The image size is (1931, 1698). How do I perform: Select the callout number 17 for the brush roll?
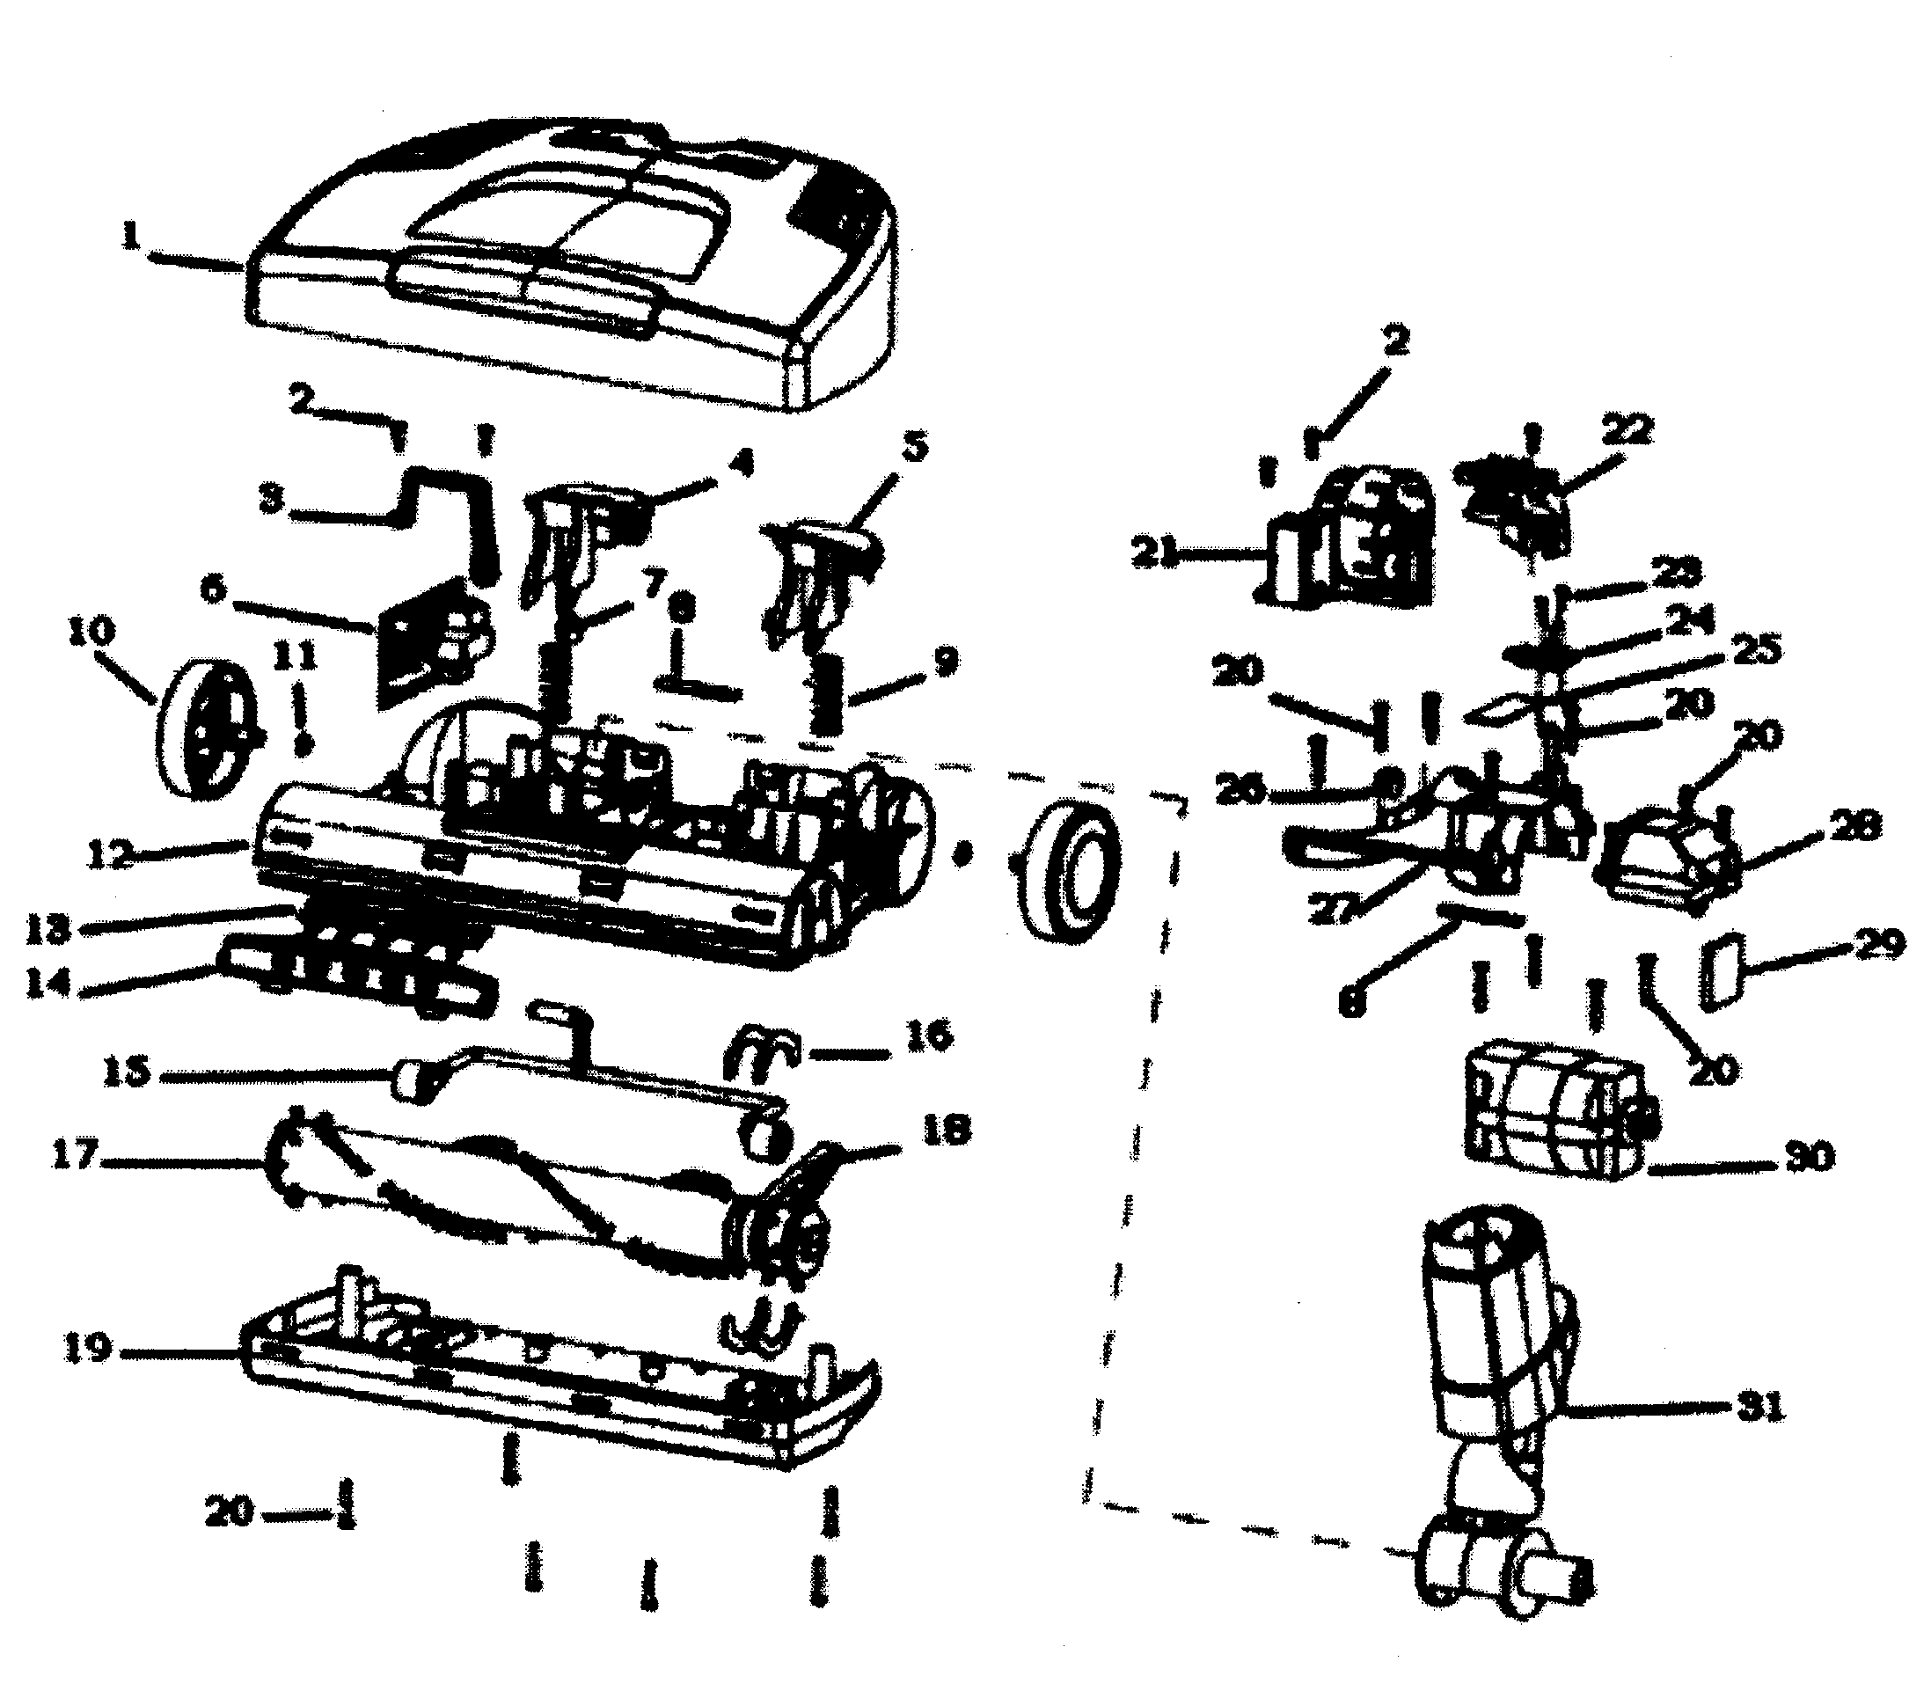tap(75, 1154)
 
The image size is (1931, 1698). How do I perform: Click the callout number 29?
tap(1876, 945)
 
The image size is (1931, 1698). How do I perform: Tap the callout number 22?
tap(1627, 431)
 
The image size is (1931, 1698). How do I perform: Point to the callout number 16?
tap(930, 1035)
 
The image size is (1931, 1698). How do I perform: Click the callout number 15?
tap(126, 1072)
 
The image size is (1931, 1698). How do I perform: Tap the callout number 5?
tap(912, 445)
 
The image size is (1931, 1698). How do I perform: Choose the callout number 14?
tap(48, 984)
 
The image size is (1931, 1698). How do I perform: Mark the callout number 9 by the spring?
tap(945, 662)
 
